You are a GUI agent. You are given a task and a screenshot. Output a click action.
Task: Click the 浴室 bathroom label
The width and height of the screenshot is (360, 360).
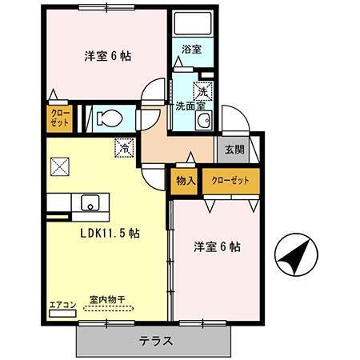tap(191, 50)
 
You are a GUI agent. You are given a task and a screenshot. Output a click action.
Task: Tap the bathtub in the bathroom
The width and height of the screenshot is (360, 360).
tap(191, 25)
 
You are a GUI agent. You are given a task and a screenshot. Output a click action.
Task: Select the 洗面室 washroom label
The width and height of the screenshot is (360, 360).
tap(191, 104)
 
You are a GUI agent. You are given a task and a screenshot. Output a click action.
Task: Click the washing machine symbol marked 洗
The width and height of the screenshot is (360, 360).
tap(205, 90)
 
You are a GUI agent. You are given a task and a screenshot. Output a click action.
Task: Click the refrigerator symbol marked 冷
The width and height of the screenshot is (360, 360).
tap(125, 147)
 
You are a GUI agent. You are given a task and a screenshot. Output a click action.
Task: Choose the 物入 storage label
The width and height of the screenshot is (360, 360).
tap(185, 180)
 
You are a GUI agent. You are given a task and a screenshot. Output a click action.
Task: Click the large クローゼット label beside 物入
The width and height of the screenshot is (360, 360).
tap(230, 180)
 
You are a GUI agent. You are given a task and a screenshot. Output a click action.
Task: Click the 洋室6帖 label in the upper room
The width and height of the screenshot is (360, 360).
tap(109, 58)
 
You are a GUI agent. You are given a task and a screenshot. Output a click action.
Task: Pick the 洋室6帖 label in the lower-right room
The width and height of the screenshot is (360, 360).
tap(218, 247)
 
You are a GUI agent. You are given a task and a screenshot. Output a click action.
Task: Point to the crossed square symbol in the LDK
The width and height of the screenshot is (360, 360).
tap(60, 166)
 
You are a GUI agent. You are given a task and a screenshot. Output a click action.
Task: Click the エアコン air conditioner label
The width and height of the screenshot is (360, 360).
tap(62, 303)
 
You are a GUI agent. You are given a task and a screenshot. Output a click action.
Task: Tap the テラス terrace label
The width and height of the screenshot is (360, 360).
tap(156, 339)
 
